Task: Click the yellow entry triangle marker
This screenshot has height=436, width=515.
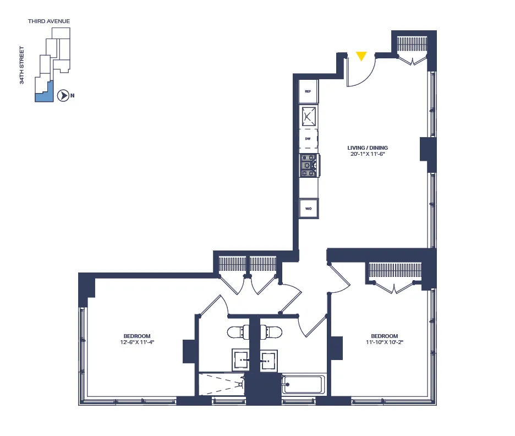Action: pyautogui.click(x=361, y=56)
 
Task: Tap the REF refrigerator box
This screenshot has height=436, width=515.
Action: pyautogui.click(x=308, y=91)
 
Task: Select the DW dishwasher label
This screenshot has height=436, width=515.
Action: pyautogui.click(x=308, y=139)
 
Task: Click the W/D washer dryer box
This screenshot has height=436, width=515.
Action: pyautogui.click(x=308, y=209)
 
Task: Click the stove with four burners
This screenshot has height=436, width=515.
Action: pyautogui.click(x=308, y=165)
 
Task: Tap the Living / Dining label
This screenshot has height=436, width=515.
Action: pyautogui.click(x=364, y=148)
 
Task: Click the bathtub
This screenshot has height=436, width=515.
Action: pyautogui.click(x=304, y=384)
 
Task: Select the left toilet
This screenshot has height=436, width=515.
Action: pyautogui.click(x=237, y=332)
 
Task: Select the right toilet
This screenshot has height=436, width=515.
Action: pyautogui.click(x=272, y=332)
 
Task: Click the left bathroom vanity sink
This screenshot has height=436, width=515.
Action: pyautogui.click(x=242, y=361)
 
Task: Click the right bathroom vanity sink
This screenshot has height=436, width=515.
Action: pyautogui.click(x=269, y=361)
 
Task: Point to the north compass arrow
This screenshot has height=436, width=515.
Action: pyautogui.click(x=64, y=96)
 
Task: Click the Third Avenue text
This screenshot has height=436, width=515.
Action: pyautogui.click(x=49, y=21)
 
